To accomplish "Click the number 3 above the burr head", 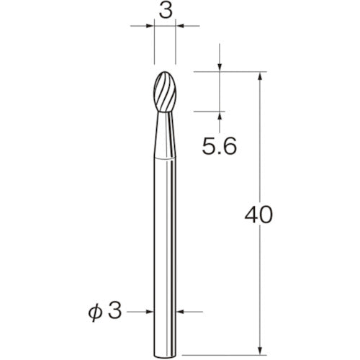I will (x=166, y=12).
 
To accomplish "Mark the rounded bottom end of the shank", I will (x=166, y=333).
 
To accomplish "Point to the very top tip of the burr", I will (x=166, y=71).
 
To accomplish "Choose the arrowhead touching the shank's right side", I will (x=181, y=312).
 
